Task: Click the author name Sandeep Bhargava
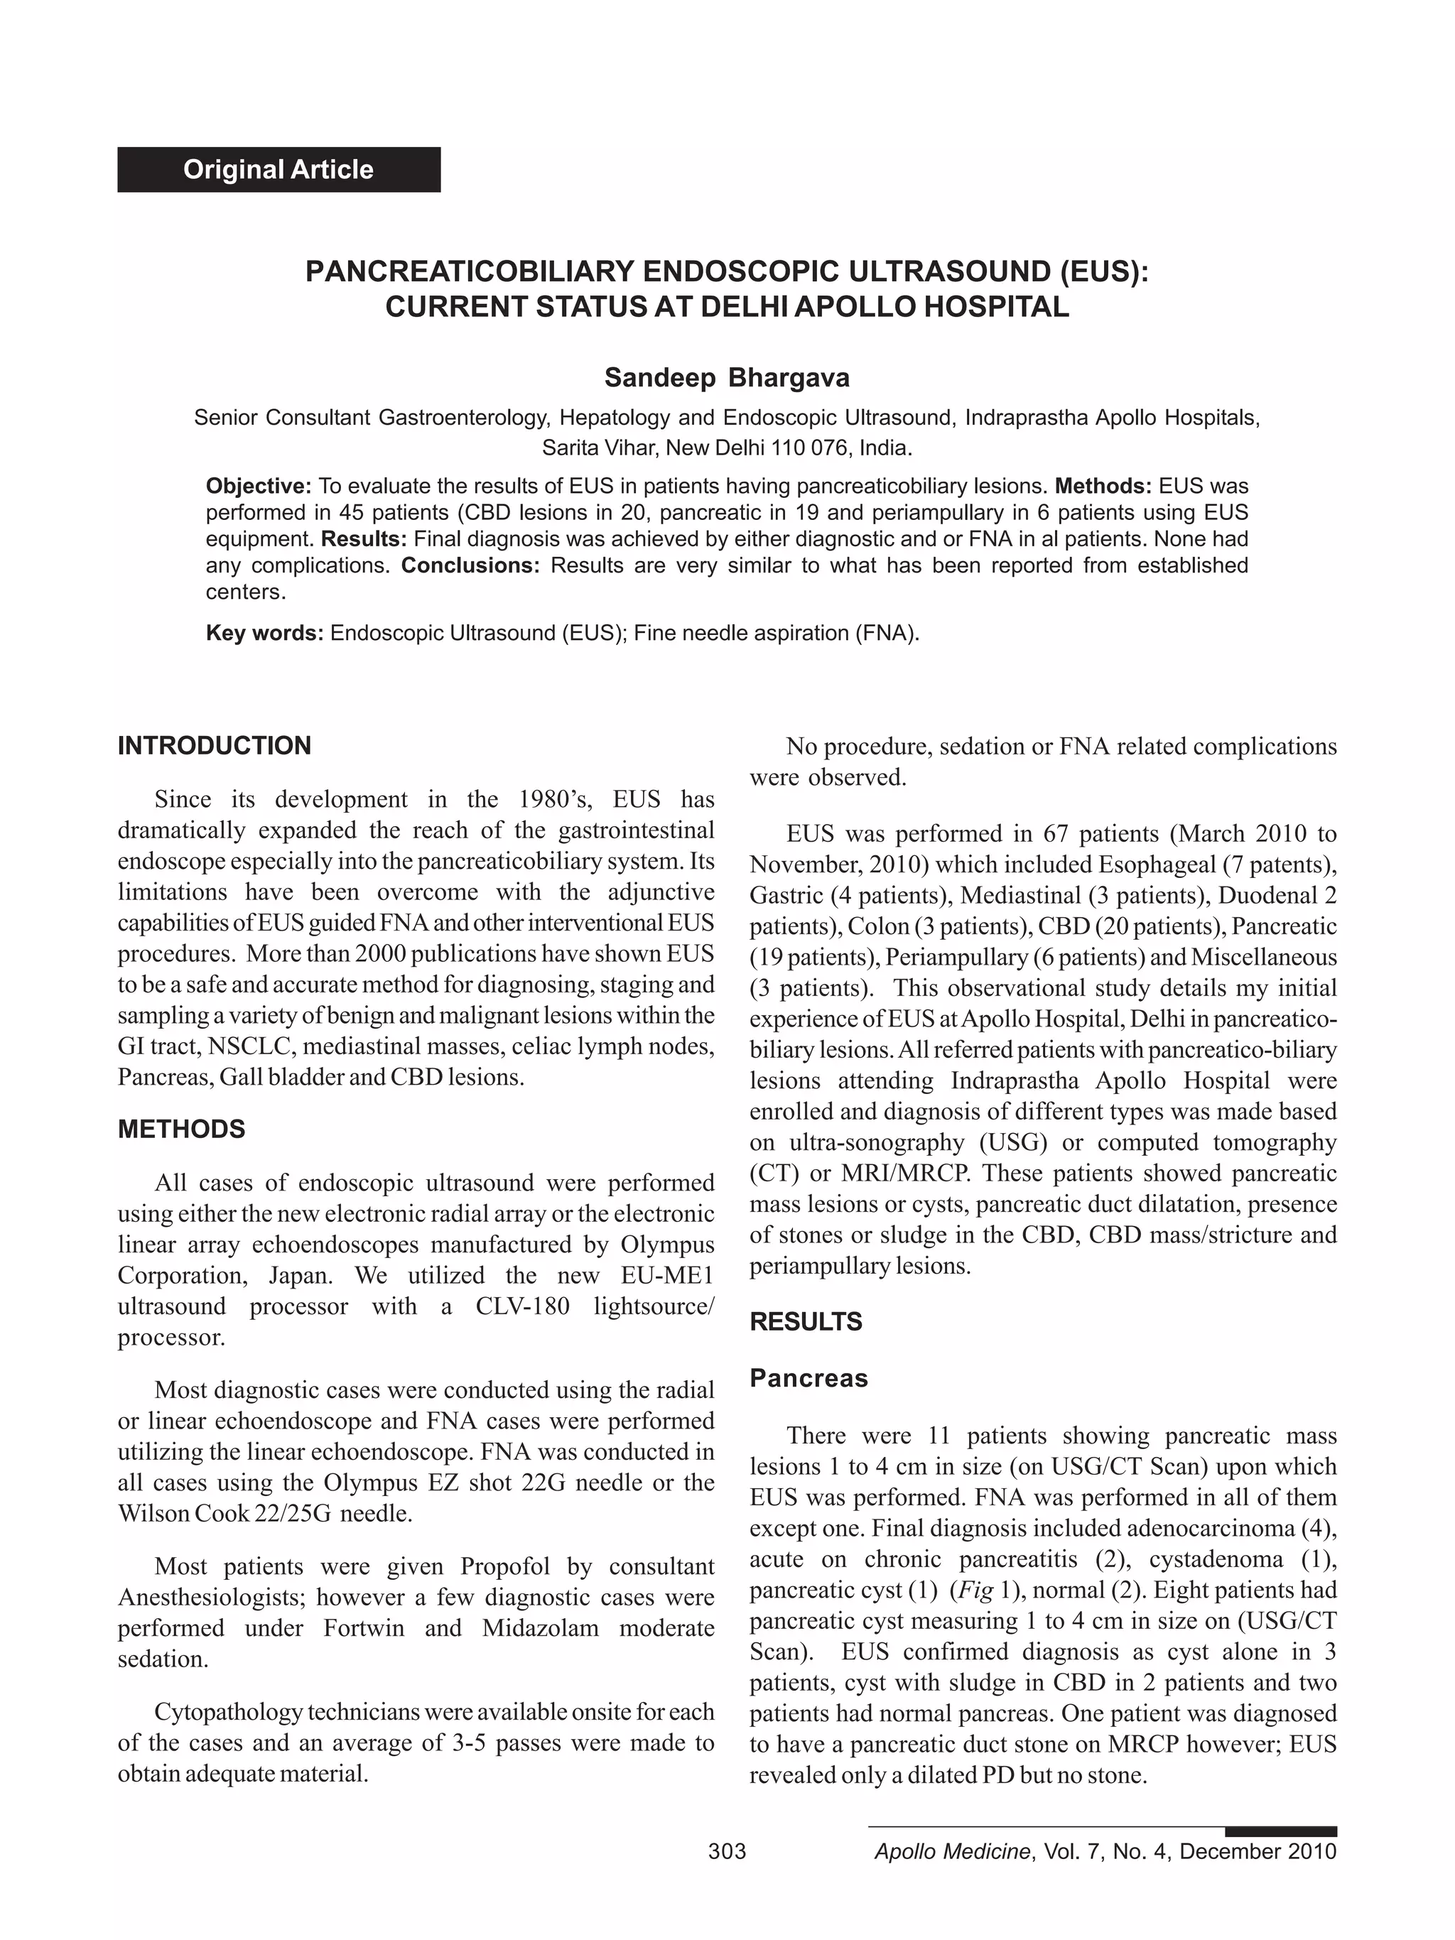pyautogui.click(x=726, y=378)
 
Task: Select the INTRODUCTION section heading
pyautogui.click(x=214, y=745)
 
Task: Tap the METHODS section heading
pyautogui.click(x=182, y=1129)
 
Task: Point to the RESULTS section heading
pyautogui.click(x=805, y=1322)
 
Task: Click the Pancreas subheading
pyautogui.click(x=808, y=1379)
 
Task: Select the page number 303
pyautogui.click(x=726, y=1851)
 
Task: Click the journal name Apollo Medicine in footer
pyautogui.click(x=953, y=1851)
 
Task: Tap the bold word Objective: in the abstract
pyautogui.click(x=259, y=486)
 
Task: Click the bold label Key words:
pyautogui.click(x=265, y=633)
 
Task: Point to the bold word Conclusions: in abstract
pyautogui.click(x=470, y=565)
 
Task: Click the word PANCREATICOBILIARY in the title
pyautogui.click(x=469, y=271)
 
